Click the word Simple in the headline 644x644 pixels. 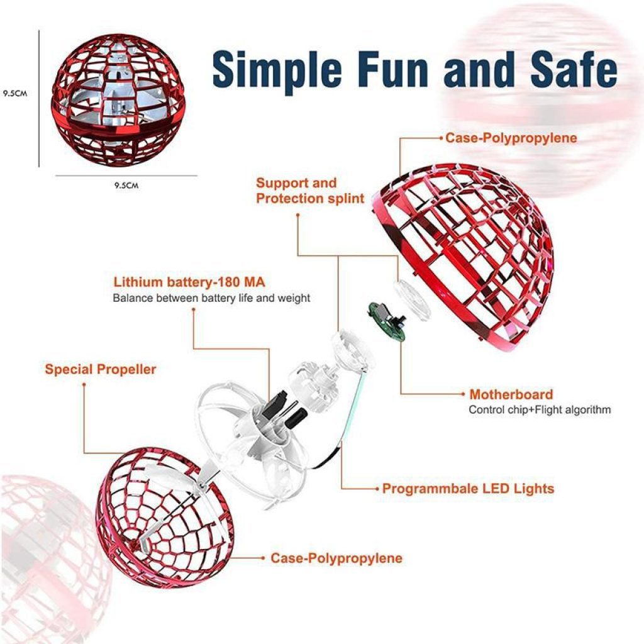(x=277, y=69)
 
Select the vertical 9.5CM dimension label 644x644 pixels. (x=15, y=94)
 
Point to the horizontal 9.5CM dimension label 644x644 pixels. (x=126, y=186)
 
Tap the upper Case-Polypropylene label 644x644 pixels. (x=511, y=138)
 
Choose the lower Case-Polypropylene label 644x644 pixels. (x=336, y=558)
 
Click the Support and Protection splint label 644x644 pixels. (x=310, y=191)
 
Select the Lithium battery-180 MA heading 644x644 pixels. (x=189, y=282)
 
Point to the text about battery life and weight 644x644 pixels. (x=211, y=298)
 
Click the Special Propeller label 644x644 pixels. (x=101, y=369)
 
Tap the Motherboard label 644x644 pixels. (x=511, y=394)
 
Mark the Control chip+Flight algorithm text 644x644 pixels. (x=540, y=410)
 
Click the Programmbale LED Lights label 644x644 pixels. (x=468, y=489)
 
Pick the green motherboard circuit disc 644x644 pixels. (x=387, y=322)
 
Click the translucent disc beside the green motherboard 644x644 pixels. (x=413, y=300)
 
